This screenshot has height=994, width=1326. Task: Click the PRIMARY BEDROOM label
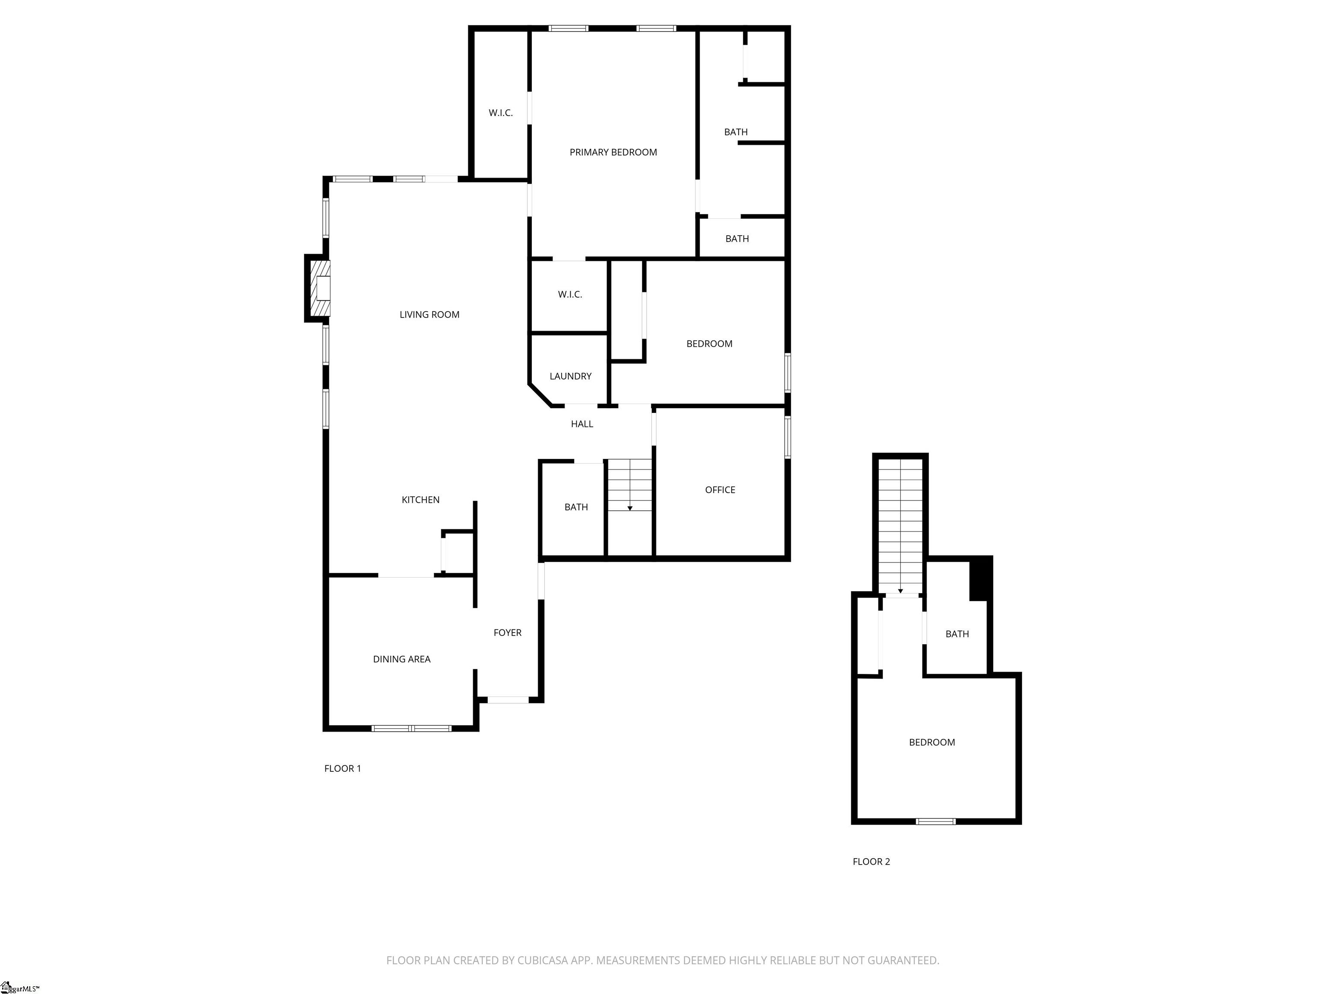[613, 152]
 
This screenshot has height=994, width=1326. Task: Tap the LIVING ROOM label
[429, 315]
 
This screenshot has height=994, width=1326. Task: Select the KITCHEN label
[420, 500]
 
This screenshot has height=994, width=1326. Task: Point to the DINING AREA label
[401, 659]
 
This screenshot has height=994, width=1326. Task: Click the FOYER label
[507, 633]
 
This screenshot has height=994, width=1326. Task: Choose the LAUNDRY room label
[570, 376]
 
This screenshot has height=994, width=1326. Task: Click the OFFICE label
[720, 490]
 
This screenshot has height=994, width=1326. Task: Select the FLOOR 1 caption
[342, 769]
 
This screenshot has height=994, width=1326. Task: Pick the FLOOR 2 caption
[871, 862]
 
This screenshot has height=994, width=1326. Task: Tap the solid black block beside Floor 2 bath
[981, 578]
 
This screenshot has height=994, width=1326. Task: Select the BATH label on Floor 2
[957, 634]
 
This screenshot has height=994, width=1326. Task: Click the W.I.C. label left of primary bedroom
[501, 113]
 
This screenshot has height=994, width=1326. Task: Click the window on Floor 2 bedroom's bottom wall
[935, 821]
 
